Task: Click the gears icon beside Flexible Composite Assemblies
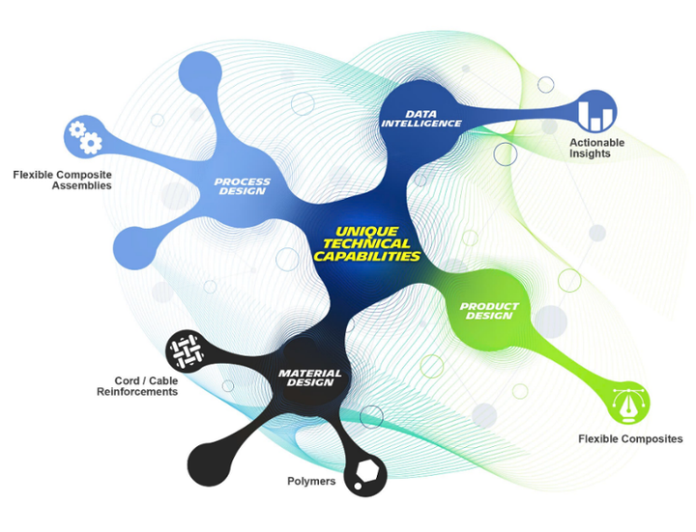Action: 83,137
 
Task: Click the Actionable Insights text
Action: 596,148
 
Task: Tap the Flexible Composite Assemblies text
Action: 63,180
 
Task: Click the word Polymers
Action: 312,481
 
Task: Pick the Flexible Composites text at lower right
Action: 630,439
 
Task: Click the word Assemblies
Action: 82,185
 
